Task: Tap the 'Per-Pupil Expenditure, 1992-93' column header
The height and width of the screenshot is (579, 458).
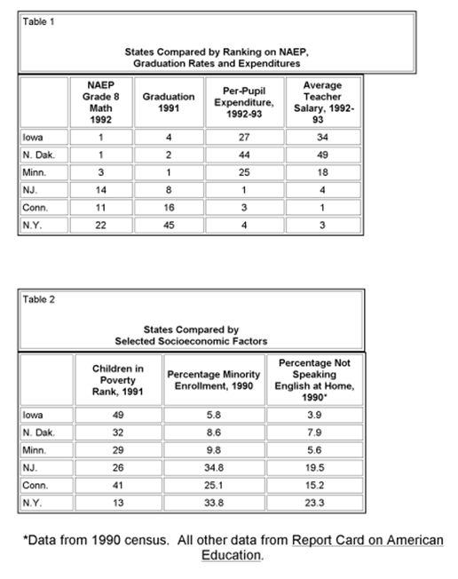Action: click(237, 102)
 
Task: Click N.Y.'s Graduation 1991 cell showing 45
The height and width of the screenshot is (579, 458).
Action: click(169, 225)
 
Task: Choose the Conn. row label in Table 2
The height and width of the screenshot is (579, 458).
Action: click(36, 487)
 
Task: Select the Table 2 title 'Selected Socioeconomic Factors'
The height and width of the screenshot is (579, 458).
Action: click(192, 341)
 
